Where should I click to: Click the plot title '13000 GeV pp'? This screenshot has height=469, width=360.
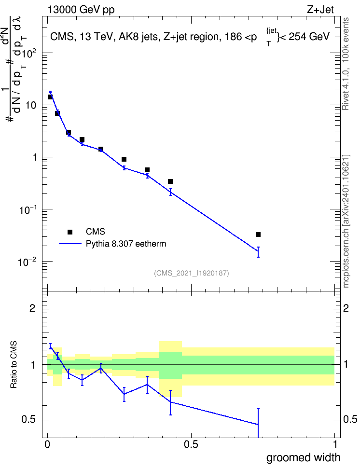click(x=81, y=10)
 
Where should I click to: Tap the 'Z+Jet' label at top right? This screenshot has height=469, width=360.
click(x=320, y=10)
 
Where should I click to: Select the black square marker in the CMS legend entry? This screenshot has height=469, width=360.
click(x=70, y=232)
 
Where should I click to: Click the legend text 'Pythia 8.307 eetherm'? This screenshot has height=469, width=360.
click(x=125, y=244)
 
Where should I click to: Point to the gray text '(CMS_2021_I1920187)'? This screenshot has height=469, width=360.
click(x=192, y=273)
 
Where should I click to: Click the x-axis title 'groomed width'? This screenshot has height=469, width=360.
click(x=303, y=457)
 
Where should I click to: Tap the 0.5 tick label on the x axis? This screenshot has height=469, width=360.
click(x=191, y=444)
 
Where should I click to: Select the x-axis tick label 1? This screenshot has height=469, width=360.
click(x=335, y=444)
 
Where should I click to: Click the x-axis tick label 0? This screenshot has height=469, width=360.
click(x=47, y=444)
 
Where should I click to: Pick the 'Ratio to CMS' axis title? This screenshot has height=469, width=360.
click(x=14, y=365)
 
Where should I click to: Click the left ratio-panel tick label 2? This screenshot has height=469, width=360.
click(x=32, y=308)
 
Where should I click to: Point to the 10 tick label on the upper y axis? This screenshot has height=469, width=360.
click(x=31, y=105)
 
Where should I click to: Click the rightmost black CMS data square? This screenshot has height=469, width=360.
click(x=258, y=234)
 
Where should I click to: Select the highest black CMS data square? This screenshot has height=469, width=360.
click(x=50, y=97)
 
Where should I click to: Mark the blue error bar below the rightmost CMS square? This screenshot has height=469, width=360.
click(x=258, y=252)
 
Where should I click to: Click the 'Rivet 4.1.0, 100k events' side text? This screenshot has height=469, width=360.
click(x=346, y=64)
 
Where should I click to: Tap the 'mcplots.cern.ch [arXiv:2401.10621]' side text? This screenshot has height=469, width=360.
click(x=346, y=221)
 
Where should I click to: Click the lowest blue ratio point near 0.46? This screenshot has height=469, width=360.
click(x=258, y=425)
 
